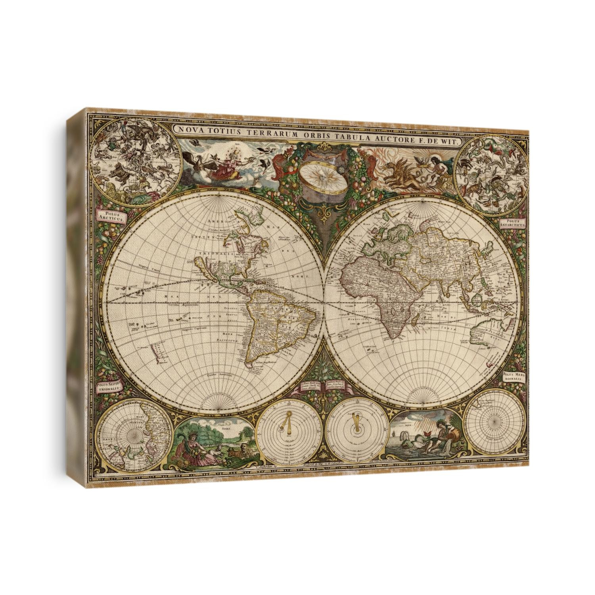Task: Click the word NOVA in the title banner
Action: (188, 130)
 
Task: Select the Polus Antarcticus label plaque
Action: (513, 223)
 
